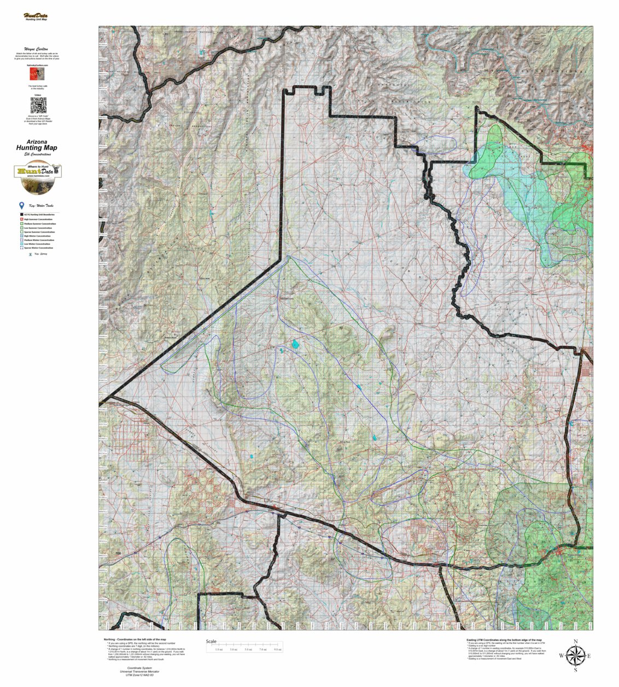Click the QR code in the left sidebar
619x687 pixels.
[38, 105]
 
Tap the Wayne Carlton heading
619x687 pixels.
[38, 49]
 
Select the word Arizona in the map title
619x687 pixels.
[37, 142]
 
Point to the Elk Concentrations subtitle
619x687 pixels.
[37, 155]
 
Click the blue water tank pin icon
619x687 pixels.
[21, 205]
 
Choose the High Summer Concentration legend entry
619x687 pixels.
[38, 220]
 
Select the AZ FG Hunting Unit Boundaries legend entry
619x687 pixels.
[38, 215]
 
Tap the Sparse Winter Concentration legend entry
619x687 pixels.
[38, 248]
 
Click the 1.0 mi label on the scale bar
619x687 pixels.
[219, 649]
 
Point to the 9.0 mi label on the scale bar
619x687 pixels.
[277, 649]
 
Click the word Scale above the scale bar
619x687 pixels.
[211, 642]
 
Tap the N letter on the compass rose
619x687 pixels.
[575, 642]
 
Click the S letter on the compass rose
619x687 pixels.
[575, 670]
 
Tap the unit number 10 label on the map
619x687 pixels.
[341, 328]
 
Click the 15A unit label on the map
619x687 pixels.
[118, 554]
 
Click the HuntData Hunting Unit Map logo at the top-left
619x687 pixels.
[36, 17]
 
